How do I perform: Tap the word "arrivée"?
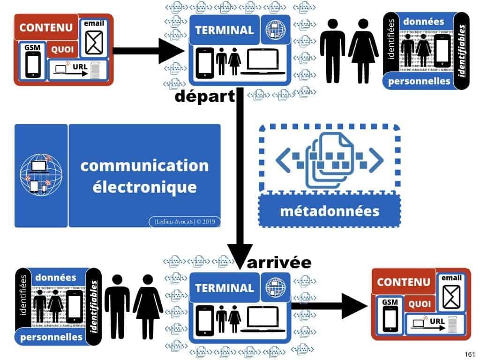[279, 262]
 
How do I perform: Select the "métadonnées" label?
[329, 210]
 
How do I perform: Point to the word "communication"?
[144, 165]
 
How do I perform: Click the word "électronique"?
[144, 187]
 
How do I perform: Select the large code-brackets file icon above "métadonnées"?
[330, 157]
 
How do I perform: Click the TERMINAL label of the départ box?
[224, 30]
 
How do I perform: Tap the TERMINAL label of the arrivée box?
[224, 288]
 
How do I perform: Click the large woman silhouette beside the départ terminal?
[363, 51]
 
